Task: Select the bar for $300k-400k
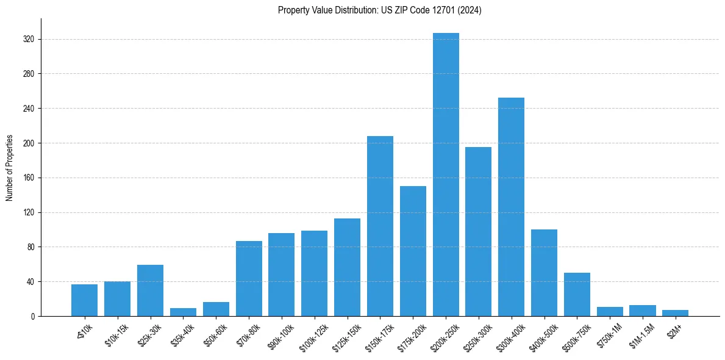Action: pyautogui.click(x=511, y=207)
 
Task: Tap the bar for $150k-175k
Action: pyautogui.click(x=380, y=226)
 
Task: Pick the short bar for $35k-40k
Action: pyautogui.click(x=183, y=312)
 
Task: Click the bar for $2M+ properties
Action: pyautogui.click(x=675, y=313)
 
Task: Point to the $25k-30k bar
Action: pyautogui.click(x=150, y=290)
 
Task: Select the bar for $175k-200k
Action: pyautogui.click(x=413, y=251)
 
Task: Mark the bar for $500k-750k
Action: pyautogui.click(x=577, y=295)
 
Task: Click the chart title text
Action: pyautogui.click(x=379, y=10)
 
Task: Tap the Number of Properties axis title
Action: pyautogui.click(x=10, y=168)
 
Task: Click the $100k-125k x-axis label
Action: pyautogui.click(x=314, y=335)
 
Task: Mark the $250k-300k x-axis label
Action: pyautogui.click(x=478, y=335)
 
